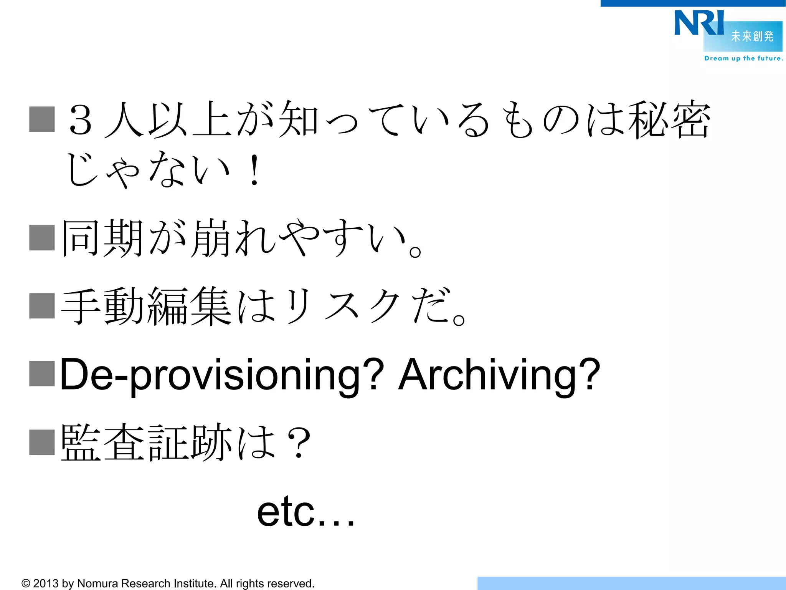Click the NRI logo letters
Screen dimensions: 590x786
(x=698, y=23)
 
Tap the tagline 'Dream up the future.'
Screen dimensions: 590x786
(x=743, y=58)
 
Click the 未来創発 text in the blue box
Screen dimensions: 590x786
(x=752, y=36)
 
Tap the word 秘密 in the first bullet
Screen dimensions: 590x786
(x=669, y=120)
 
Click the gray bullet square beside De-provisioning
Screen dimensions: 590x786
(x=42, y=373)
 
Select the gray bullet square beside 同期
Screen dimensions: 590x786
(x=42, y=237)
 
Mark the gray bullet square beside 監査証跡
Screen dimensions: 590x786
(x=42, y=442)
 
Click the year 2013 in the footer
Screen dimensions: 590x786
(x=46, y=583)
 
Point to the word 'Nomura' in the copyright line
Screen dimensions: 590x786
(x=97, y=583)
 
